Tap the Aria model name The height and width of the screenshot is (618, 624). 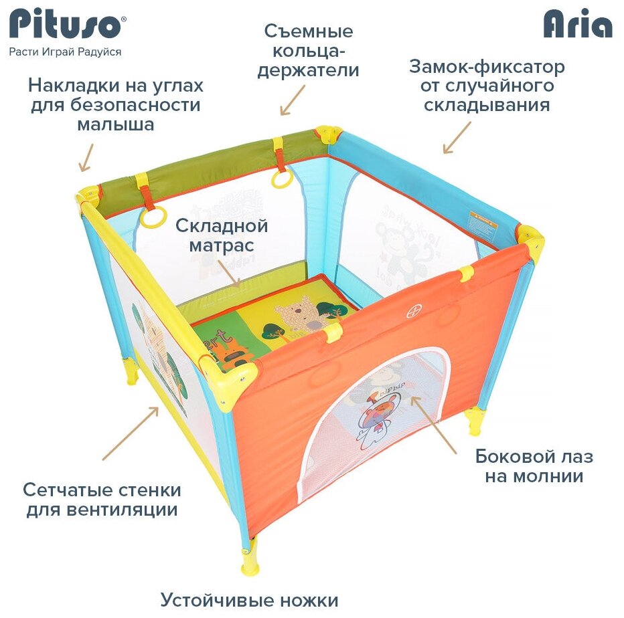pyautogui.click(x=578, y=25)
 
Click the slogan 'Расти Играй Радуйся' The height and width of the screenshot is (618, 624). pyautogui.click(x=65, y=51)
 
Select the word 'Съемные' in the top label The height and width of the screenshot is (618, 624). pyautogui.click(x=309, y=31)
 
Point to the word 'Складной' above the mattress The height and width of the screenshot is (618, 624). pyautogui.click(x=222, y=225)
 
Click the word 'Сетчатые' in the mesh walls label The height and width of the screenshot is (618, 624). pyautogui.click(x=61, y=490)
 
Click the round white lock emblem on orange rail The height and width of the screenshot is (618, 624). pyautogui.click(x=413, y=311)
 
